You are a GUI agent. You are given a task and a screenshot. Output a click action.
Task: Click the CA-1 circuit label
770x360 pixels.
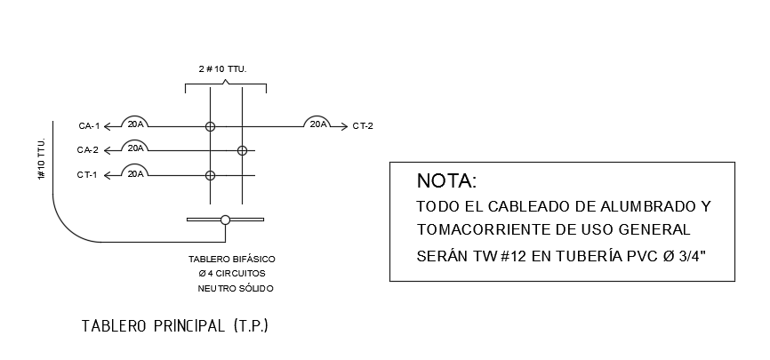89,126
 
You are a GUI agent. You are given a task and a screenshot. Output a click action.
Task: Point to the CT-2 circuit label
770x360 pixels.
363,126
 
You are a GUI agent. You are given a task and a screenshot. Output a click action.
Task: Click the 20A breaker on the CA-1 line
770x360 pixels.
135,124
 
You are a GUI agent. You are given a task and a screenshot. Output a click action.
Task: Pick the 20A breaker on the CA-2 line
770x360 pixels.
135,148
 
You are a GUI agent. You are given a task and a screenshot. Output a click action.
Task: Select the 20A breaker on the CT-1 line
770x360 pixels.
135,172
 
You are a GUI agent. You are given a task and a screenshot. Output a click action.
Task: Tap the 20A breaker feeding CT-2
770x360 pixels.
317,124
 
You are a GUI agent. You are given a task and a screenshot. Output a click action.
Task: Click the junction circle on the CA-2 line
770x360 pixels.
241,151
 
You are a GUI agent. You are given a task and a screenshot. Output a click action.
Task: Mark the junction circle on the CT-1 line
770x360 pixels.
210,175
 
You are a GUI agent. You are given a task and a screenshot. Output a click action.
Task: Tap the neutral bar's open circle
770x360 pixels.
225,220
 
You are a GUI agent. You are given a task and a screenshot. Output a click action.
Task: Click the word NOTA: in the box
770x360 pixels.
446,181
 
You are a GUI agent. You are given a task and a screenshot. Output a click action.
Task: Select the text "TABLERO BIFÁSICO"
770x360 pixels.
226,260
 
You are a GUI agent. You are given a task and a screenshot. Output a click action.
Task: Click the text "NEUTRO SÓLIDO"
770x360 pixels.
235,289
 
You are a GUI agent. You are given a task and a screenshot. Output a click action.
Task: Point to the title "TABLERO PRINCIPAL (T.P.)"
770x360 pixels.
174,326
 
